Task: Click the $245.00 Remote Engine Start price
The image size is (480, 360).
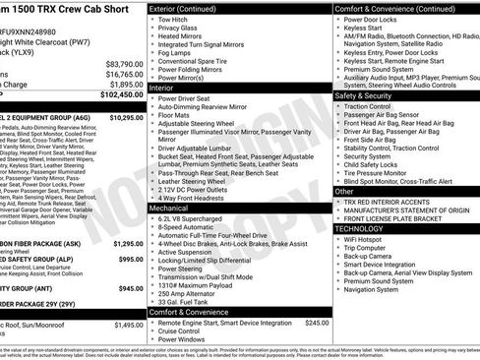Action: click(x=317, y=322)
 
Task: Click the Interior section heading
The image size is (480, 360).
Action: click(x=164, y=88)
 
